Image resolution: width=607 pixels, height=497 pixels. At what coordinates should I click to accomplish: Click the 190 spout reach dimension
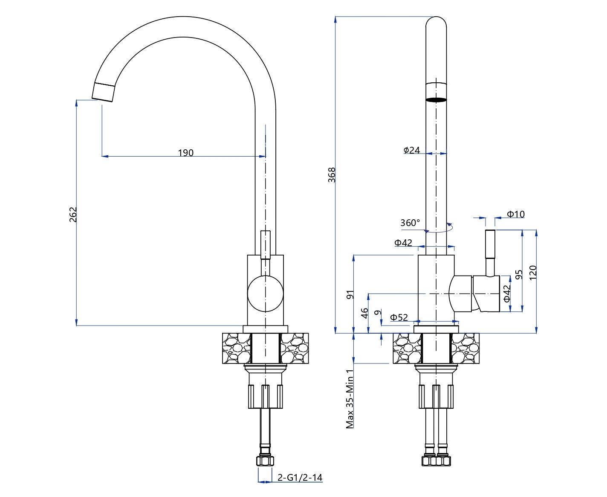tap(185, 153)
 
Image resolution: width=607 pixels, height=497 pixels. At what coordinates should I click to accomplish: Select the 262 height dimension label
tap(73, 214)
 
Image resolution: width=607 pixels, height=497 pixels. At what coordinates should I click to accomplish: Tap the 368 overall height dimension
tap(332, 175)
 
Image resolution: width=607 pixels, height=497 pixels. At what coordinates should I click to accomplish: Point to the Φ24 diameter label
tap(412, 150)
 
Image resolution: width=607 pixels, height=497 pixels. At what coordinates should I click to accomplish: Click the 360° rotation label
tap(410, 223)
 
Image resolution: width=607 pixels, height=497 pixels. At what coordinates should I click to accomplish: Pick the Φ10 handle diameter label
tap(516, 214)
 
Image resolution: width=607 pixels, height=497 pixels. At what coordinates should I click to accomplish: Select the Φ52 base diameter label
tap(399, 317)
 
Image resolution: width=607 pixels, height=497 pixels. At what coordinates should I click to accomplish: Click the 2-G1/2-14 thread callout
tap(300, 477)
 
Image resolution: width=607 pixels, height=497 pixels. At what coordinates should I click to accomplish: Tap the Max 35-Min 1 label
tap(350, 398)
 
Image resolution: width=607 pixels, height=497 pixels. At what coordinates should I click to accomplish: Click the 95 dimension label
tap(519, 274)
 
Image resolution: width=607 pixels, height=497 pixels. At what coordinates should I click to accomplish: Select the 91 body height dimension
tap(350, 294)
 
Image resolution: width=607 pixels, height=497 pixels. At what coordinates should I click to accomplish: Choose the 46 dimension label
tap(364, 314)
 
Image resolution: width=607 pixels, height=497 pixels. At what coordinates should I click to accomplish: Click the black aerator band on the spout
tap(436, 100)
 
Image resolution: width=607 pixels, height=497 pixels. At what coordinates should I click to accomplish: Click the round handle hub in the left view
tap(265, 294)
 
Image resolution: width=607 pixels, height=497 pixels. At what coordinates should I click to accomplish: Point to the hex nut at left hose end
tap(265, 461)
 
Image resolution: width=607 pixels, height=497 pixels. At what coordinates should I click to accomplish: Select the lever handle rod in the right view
tap(490, 252)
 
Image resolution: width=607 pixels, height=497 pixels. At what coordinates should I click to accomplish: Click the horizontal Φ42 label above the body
tap(403, 243)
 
